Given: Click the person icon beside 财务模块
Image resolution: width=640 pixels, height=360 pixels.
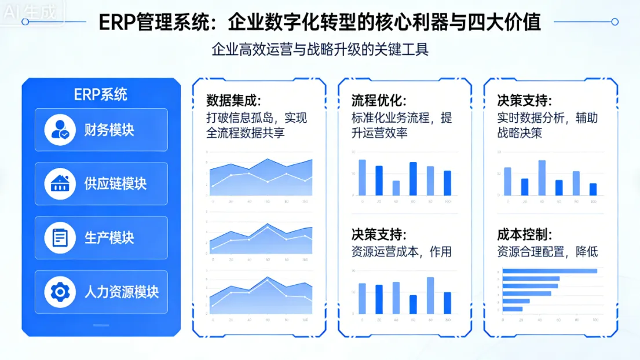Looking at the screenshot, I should coord(60,130).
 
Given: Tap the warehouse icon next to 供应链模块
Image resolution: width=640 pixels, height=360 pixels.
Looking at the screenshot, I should coord(60,183).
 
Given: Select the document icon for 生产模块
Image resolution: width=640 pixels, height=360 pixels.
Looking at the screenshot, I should coord(60,238).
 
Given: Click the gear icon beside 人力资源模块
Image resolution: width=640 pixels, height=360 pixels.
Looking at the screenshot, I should coord(60,292).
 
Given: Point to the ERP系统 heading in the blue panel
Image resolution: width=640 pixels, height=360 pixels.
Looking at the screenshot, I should coord(101,94).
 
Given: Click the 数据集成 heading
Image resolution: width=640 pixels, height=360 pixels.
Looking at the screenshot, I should coord(233,100).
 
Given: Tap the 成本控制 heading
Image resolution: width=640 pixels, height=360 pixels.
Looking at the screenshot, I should coord(524,234).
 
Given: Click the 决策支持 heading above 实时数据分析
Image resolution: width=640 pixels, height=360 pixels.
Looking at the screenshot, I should coord(524,100).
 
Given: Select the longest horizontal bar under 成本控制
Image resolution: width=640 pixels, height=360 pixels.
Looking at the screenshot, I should coord(549,271).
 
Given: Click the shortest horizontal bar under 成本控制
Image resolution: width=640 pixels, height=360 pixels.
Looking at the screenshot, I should coord(513,308).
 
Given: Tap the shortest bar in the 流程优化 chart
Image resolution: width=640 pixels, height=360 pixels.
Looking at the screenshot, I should coord(396,188).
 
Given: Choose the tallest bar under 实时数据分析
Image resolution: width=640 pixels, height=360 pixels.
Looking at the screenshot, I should coord(542,177).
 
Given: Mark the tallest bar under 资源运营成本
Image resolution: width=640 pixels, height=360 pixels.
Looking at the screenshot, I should coord(430,295).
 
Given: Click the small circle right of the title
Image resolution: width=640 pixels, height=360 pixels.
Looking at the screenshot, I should coord(615,22).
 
